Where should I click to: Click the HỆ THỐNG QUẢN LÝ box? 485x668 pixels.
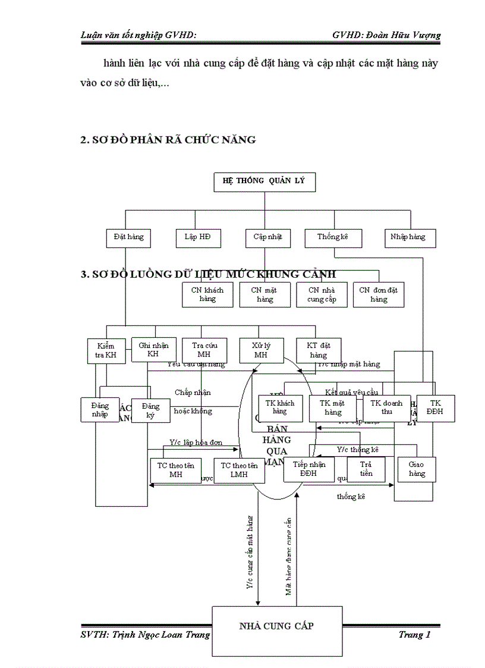264,182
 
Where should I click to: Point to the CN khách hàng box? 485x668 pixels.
207,294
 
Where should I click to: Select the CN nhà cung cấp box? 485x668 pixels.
322,294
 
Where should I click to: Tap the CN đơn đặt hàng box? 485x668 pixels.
379,294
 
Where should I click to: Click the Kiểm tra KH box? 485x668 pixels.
106,351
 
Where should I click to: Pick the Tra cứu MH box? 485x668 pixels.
200,350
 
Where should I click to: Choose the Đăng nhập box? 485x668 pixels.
100,410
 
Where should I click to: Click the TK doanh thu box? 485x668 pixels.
386,408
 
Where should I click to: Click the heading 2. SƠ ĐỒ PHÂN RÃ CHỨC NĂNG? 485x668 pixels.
168,140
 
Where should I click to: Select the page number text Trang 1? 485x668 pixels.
414,635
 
